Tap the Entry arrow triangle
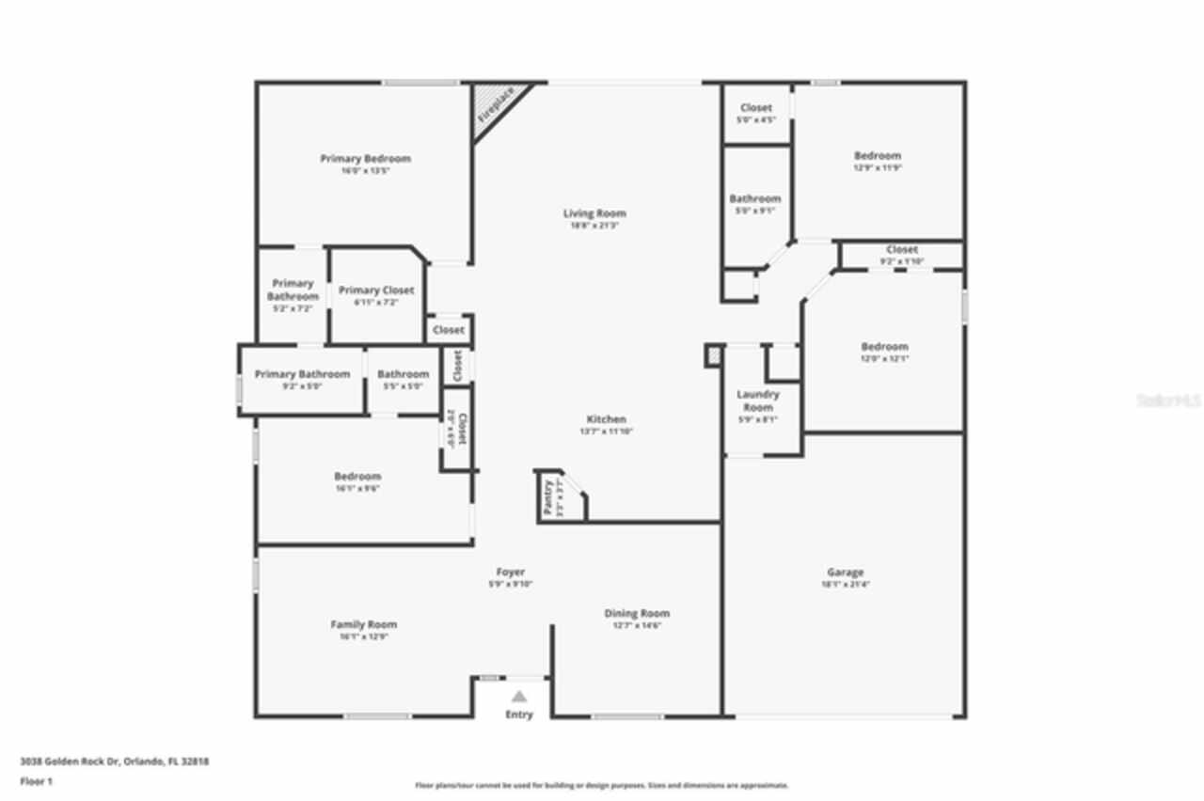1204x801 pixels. (x=518, y=697)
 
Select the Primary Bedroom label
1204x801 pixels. (x=365, y=159)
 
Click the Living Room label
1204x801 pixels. (x=594, y=213)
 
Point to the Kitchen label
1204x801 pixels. (x=607, y=419)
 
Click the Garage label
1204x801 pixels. (x=845, y=572)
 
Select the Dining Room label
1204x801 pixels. (x=637, y=613)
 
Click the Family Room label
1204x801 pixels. (x=363, y=624)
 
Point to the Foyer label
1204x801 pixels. (x=511, y=572)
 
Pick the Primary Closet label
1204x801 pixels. (x=376, y=291)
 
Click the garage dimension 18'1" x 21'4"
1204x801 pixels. (x=845, y=584)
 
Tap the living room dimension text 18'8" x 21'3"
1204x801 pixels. (x=594, y=226)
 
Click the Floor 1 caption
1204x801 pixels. (x=37, y=781)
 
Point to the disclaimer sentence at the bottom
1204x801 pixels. (x=602, y=785)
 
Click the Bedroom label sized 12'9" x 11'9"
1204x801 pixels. (x=878, y=155)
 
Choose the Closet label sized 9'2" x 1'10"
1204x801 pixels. (x=902, y=249)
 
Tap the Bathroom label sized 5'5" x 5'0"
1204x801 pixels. (x=403, y=374)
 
